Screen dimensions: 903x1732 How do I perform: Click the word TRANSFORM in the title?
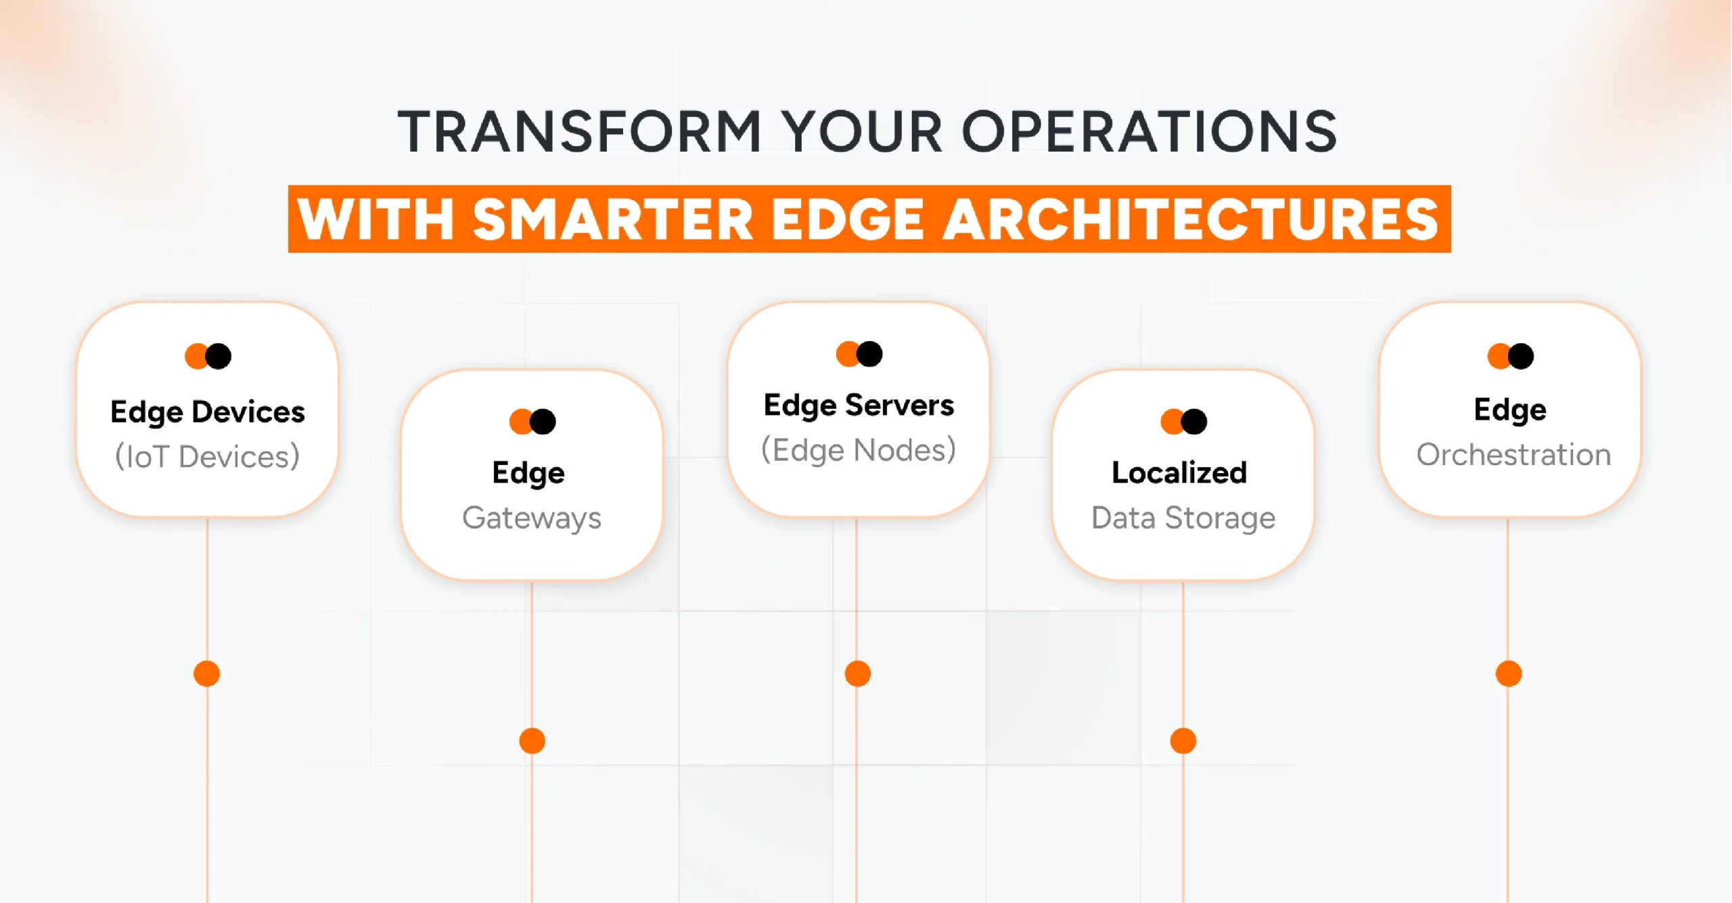(580, 131)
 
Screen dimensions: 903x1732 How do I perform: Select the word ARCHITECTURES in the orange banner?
(1191, 219)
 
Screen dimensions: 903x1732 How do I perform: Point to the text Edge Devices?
(208, 412)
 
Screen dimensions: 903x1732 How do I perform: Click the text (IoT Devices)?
(208, 456)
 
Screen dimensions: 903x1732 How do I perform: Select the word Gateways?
(532, 518)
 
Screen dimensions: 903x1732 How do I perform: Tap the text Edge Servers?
(859, 405)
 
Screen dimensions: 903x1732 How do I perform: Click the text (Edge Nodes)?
(859, 450)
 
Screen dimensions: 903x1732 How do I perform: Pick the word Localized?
(1179, 472)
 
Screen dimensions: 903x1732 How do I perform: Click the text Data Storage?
(1183, 518)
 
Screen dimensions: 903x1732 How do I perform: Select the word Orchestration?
(1513, 455)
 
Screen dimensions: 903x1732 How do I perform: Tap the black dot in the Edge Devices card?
(219, 356)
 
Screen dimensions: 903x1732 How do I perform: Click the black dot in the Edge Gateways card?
(543, 422)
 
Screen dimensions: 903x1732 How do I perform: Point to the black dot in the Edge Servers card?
(870, 353)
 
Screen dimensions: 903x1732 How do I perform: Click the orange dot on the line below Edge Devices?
(207, 674)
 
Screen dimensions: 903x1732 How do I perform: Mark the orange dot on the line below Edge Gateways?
(532, 741)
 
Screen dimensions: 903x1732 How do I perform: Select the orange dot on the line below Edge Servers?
(858, 674)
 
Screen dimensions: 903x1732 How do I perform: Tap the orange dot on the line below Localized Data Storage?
(1183, 741)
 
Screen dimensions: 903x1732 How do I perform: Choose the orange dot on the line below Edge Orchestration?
(1509, 674)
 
